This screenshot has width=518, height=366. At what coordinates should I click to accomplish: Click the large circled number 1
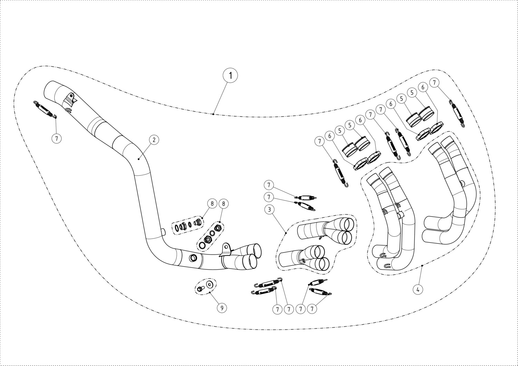pos(230,75)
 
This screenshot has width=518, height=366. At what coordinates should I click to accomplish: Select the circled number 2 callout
pos(154,140)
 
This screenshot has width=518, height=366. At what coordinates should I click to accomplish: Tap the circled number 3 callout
pos(270,209)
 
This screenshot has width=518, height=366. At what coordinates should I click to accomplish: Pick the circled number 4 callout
pos(418,289)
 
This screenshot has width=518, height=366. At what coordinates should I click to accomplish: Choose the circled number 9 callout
pos(222,308)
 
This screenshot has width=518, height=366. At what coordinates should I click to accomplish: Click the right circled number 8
pos(223,204)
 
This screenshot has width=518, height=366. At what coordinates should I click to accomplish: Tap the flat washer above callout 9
pos(209,285)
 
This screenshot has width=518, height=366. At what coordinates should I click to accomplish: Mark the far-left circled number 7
pos(57,138)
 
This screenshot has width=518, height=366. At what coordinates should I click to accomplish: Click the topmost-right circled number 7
pos(434,83)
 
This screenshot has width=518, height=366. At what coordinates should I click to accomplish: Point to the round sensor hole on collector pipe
pos(193,258)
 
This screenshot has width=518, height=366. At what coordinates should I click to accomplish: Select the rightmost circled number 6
pos(423,87)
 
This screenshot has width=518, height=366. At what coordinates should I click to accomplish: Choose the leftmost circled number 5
pos(340,131)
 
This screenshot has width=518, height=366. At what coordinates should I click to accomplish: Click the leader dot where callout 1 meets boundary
pos(214,114)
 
